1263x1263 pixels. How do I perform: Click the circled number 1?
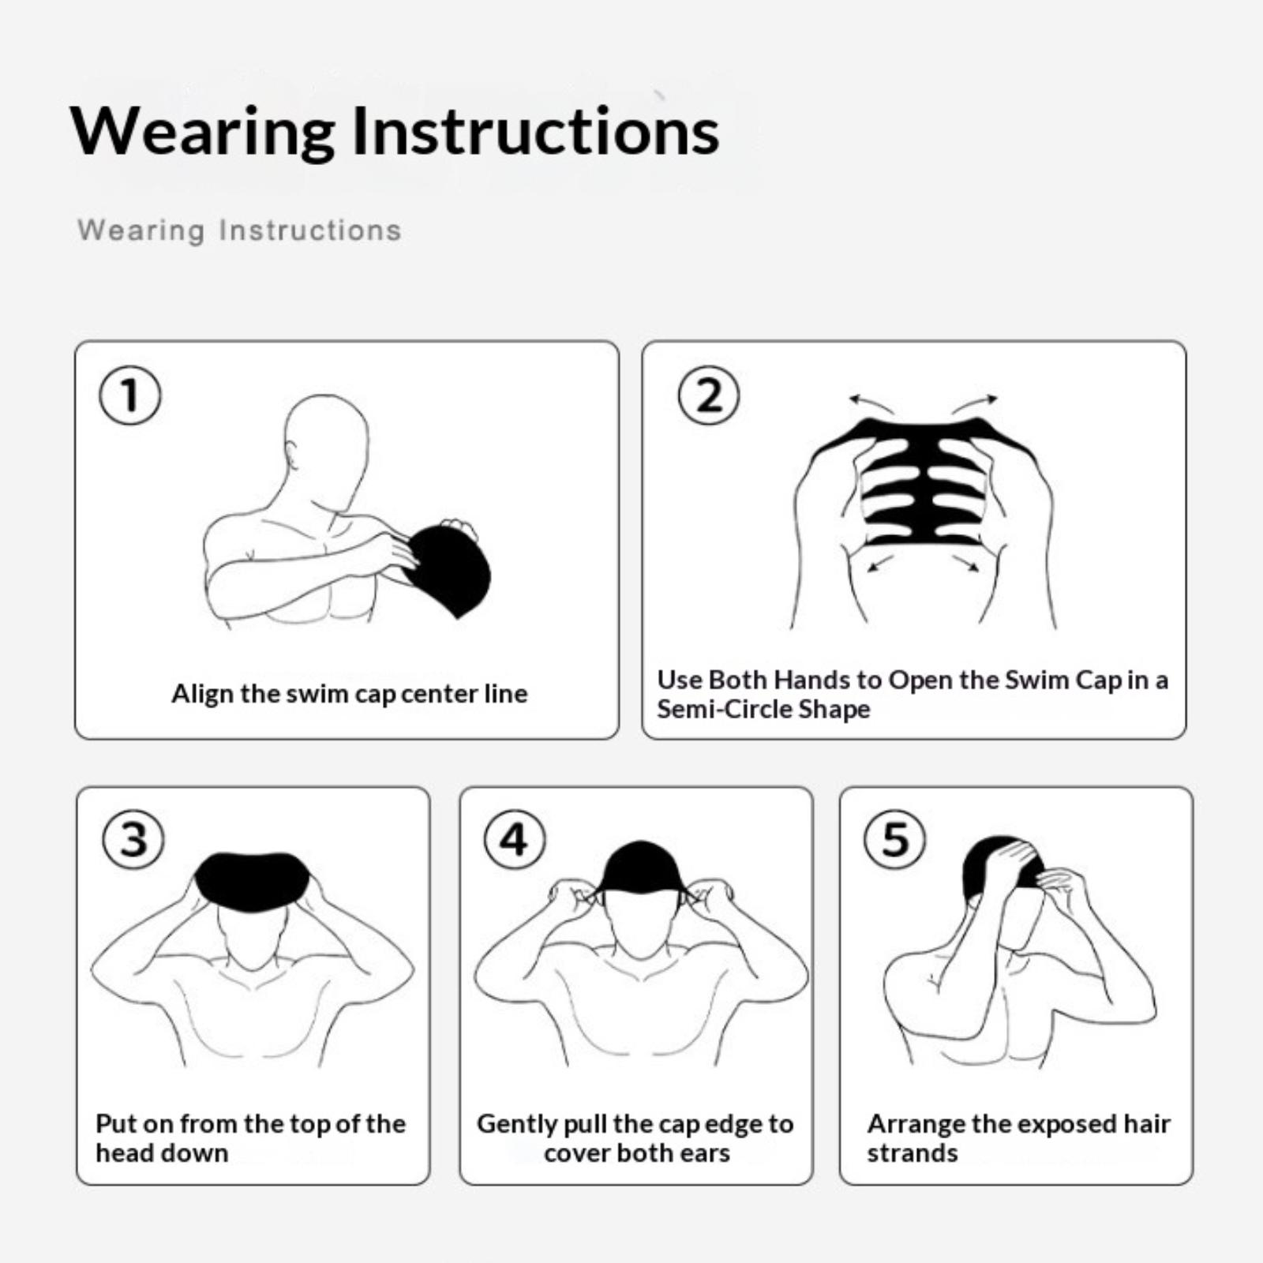click(x=130, y=395)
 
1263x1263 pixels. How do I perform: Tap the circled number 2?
click(x=709, y=395)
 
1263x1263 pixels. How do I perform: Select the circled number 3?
click(x=133, y=838)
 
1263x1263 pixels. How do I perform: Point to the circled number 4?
click(x=515, y=838)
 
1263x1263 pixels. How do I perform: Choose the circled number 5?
click(x=895, y=838)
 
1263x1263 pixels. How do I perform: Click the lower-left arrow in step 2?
click(x=879, y=564)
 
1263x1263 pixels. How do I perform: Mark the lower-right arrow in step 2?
click(x=966, y=564)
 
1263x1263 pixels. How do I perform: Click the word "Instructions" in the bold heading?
click(x=535, y=131)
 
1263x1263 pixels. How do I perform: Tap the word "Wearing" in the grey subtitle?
click(x=141, y=230)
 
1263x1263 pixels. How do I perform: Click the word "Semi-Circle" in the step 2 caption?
click(x=723, y=709)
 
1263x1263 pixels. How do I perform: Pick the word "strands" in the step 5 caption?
click(x=913, y=1153)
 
